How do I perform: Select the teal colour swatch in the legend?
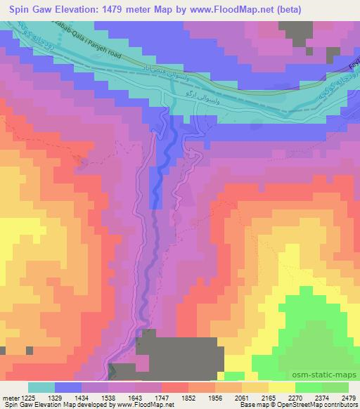point(40,387)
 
